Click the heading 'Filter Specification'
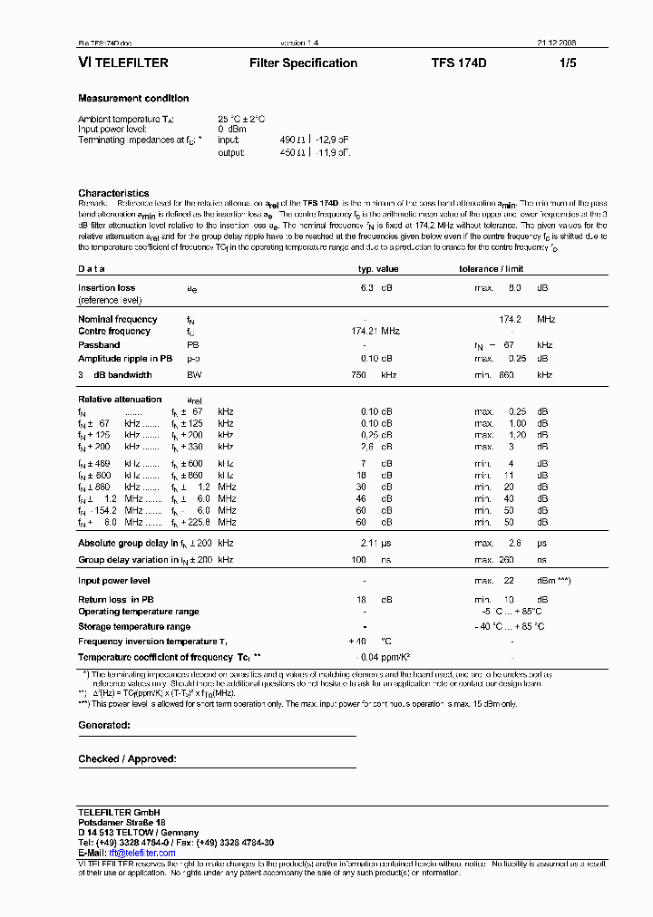[x=303, y=63]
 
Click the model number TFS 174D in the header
[x=459, y=63]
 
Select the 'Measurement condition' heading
[x=133, y=99]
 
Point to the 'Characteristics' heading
[x=113, y=193]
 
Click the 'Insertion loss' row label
[x=106, y=288]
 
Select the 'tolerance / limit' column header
[x=492, y=269]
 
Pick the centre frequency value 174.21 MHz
[x=375, y=332]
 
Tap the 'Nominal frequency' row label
[x=118, y=319]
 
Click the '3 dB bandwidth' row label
[x=115, y=375]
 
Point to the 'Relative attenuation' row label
[x=120, y=400]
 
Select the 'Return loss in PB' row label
[x=116, y=600]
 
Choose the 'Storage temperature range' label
[x=134, y=626]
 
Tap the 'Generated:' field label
[x=104, y=726]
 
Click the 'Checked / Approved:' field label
[x=127, y=759]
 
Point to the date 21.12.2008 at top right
[x=556, y=43]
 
